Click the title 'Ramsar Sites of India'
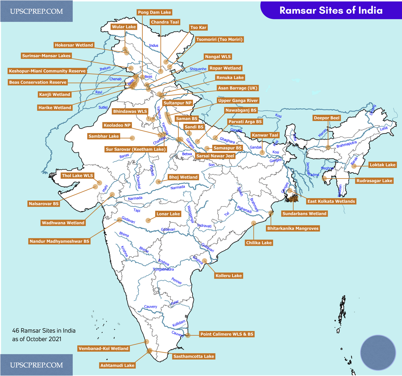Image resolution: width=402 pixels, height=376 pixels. coord(331,10)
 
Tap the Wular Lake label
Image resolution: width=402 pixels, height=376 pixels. coord(124,27)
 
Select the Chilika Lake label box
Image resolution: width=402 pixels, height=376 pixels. coord(259,243)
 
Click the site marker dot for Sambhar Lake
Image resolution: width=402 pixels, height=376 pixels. coord(132,138)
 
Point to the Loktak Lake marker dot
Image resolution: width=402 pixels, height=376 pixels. coord(354,166)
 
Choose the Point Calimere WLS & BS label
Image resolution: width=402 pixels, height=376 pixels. coord(227,334)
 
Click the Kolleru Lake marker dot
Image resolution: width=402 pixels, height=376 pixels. coord(205,261)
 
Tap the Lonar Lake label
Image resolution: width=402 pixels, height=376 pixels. coord(168,214)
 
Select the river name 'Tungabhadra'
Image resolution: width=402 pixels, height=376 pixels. coord(163,269)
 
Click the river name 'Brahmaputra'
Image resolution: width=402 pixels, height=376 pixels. coord(346,144)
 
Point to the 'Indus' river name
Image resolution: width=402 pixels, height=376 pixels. coord(154,45)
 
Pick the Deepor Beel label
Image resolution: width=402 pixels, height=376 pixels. coord(327,118)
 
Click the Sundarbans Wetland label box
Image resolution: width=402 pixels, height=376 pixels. coord(304,213)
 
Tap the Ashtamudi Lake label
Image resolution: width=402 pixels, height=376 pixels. coord(117,365)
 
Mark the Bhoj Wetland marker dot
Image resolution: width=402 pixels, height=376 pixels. coord(158,182)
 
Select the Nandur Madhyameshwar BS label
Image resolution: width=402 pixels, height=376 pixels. coord(59,241)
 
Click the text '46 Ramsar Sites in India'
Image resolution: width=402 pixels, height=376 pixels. coord(44,331)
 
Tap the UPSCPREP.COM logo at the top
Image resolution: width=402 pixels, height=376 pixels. coord(36,11)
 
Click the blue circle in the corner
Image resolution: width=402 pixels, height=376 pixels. coord(378,352)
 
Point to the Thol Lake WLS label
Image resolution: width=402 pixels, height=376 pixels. coord(77,176)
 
